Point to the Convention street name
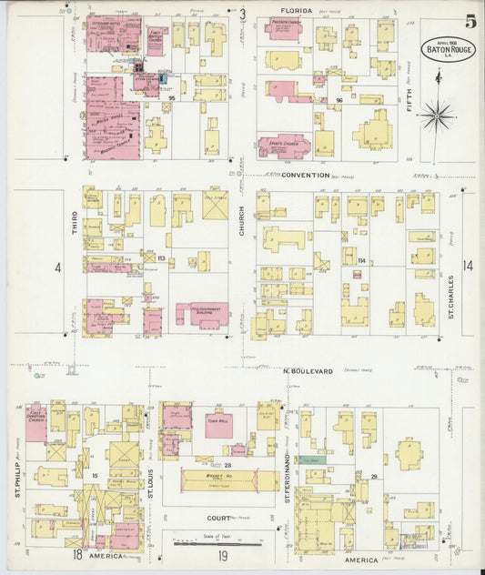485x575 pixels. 304,174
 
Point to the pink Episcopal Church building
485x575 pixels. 284,145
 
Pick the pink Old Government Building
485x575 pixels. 202,315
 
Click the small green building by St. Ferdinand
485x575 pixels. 312,460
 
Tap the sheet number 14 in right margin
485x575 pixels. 468,267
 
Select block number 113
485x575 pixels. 161,258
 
